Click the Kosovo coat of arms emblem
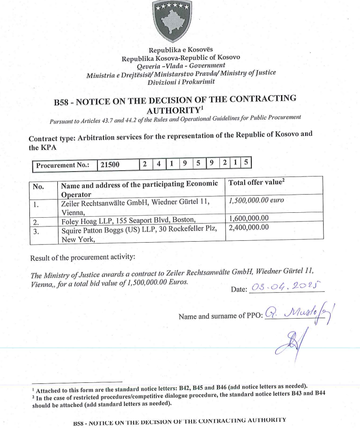pyautogui.click(x=171, y=21)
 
